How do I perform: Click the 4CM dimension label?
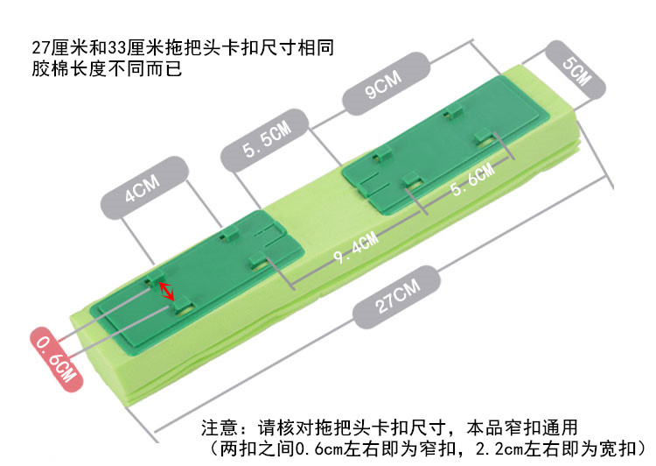click(144, 187)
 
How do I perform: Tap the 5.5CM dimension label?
click(265, 139)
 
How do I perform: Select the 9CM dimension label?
click(386, 83)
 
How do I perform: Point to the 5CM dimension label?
click(576, 70)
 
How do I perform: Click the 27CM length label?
click(396, 297)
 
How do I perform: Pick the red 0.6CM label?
click(57, 359)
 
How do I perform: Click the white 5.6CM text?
click(472, 180)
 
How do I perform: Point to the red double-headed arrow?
click(166, 291)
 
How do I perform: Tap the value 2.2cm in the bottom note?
click(499, 448)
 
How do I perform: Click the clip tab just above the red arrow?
click(154, 278)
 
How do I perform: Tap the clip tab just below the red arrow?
click(184, 306)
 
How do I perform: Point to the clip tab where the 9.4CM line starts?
click(258, 261)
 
